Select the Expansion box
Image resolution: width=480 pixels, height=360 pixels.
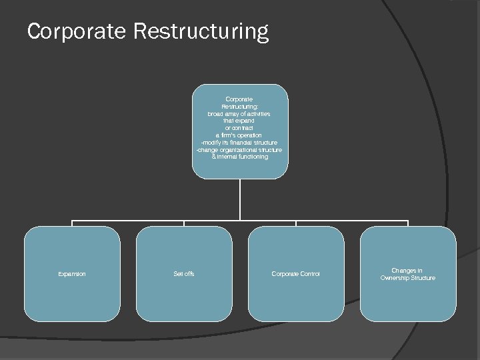72,273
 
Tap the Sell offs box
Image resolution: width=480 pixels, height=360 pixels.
184,273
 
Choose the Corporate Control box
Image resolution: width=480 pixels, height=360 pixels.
296,273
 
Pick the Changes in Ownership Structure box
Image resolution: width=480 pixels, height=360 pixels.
408,273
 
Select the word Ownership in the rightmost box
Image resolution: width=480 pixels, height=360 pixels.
396,277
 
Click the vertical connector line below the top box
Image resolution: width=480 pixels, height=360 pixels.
240,200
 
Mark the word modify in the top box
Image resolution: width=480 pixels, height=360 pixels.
211,143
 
